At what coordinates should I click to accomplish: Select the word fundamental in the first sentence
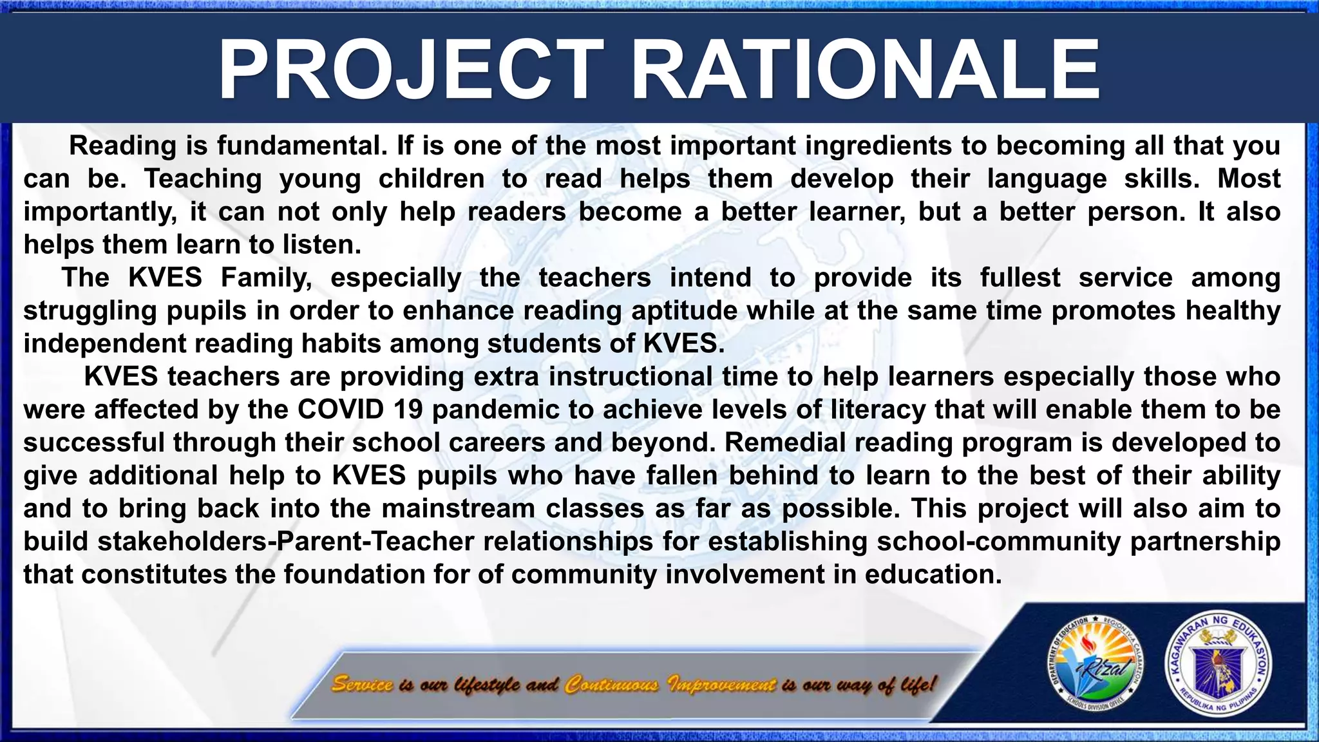(301, 146)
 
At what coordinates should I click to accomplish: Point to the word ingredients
(878, 146)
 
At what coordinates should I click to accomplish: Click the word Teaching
(203, 178)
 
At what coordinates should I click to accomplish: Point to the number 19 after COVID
(408, 410)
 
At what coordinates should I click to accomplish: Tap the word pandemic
(499, 410)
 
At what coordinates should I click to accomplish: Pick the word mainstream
(458, 508)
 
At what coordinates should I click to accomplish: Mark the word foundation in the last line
(354, 574)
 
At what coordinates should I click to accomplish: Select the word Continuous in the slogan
(612, 684)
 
